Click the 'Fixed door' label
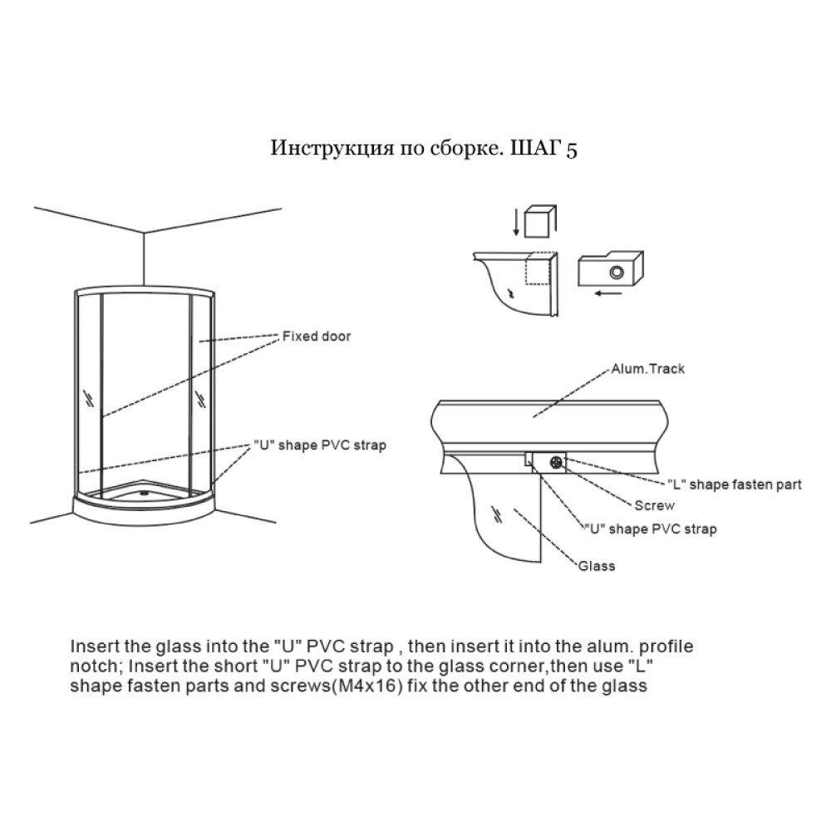click(317, 337)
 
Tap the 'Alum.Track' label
click(647, 369)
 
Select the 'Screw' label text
click(655, 505)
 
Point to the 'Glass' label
click(597, 566)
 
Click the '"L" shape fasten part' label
click(735, 484)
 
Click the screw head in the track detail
click(557, 462)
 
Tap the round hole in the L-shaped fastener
click(617, 273)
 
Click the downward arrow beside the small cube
click(516, 223)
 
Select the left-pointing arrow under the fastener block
click(608, 293)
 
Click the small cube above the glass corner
click(539, 221)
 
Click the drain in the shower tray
click(144, 493)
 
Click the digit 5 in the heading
click(572, 150)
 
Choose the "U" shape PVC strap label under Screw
click(651, 529)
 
